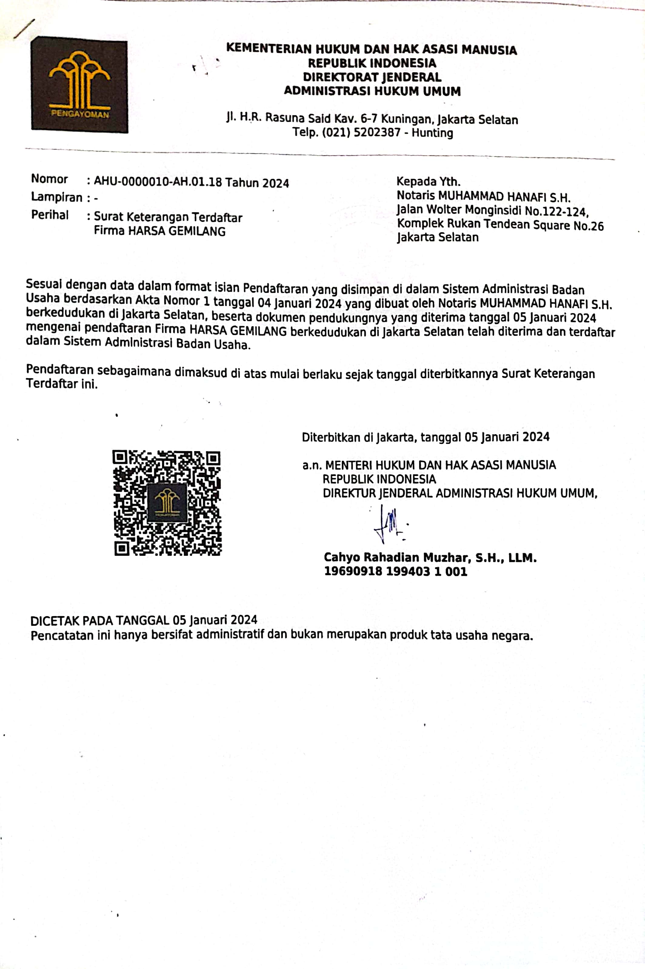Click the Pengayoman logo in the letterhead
point(79,85)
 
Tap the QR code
point(167,503)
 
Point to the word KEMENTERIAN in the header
point(269,49)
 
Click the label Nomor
point(49,179)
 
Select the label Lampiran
point(57,197)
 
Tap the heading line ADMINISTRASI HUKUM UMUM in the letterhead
point(372,91)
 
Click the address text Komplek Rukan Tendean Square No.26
point(500,225)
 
